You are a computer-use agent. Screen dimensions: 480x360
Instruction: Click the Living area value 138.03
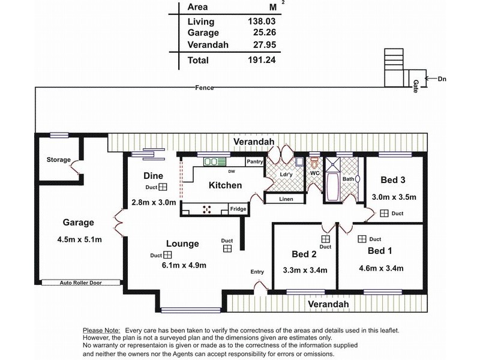coord(262,21)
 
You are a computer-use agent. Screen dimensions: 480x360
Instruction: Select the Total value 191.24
coord(262,59)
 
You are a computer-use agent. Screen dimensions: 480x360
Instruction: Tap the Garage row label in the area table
coord(203,32)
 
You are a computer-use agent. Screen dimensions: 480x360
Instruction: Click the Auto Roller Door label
coord(81,283)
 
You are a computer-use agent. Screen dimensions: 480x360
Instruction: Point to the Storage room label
coord(58,160)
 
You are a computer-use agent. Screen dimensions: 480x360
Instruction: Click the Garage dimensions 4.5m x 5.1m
coord(80,239)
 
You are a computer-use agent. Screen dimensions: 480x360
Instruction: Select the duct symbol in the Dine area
coord(163,187)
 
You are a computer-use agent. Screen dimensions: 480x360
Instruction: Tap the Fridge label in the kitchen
coord(238,209)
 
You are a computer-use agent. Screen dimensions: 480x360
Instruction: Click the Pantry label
coord(254,161)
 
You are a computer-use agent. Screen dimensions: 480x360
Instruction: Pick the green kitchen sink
coord(215,161)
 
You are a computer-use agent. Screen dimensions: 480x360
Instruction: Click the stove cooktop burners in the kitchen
coord(207,209)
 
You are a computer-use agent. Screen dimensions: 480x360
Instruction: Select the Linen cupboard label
coord(286,199)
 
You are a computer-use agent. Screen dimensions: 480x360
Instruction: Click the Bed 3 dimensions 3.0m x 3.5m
coord(394,197)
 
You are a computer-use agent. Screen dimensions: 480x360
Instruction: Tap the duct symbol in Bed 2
coord(325,239)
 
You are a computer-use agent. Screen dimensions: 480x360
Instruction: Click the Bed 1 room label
coord(380,251)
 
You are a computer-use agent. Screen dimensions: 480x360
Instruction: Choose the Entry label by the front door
coord(257,272)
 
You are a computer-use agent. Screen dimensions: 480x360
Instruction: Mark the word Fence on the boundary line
coord(205,88)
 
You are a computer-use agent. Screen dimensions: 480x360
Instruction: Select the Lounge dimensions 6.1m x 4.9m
coord(184,265)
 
